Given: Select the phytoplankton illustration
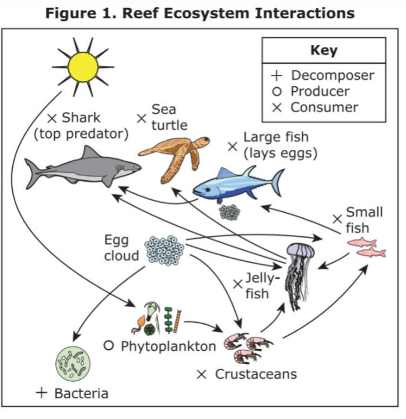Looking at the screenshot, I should coord(158,317).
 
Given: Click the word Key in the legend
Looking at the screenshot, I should coord(323,51).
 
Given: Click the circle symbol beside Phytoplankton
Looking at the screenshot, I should coord(109,345).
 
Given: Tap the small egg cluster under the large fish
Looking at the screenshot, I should coord(229,212).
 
